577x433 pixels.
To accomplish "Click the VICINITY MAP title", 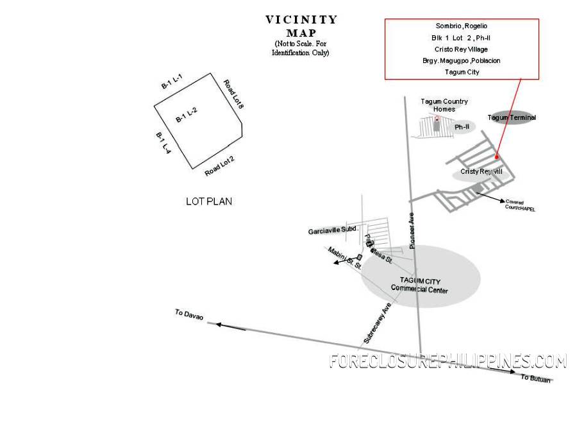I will pos(301,26).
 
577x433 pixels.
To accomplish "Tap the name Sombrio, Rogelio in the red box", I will pos(462,26).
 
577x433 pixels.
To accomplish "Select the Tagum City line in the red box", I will pos(462,72).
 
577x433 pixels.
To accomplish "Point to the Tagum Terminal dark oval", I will pos(512,117).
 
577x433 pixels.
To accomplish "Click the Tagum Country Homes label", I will pos(444,105).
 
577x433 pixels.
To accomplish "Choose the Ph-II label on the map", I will pos(462,127).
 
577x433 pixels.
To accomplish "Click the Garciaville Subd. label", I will pos(333,230).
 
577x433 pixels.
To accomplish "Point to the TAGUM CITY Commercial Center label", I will pos(420,285).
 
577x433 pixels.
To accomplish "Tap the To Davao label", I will pos(189,316).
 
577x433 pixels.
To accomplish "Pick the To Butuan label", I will pos(535,378).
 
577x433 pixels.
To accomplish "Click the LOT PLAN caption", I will pos(209,201).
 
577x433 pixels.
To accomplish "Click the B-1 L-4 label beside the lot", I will pos(163,142).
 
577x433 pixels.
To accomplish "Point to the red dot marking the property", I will pos(497,157).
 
